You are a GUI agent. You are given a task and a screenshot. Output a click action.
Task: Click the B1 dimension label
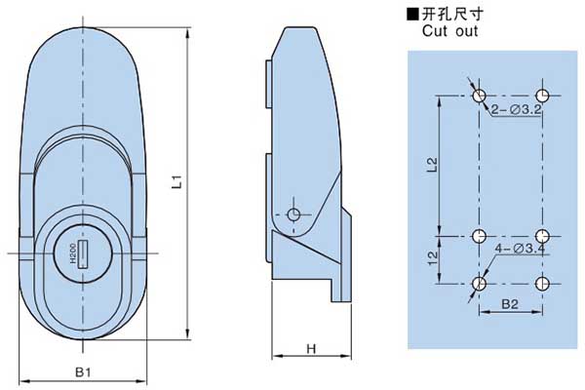pos(83,371)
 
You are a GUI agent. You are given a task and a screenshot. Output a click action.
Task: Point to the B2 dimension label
pos(509,305)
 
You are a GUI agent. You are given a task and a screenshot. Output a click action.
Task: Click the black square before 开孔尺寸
pos(413,14)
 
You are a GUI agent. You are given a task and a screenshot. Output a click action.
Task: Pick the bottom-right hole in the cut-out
pos(543,284)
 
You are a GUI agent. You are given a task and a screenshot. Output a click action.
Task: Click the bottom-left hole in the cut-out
pos(479,284)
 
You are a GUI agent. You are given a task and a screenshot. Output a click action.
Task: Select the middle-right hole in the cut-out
pos(543,236)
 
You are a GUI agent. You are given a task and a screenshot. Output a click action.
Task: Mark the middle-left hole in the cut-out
pos(479,236)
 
